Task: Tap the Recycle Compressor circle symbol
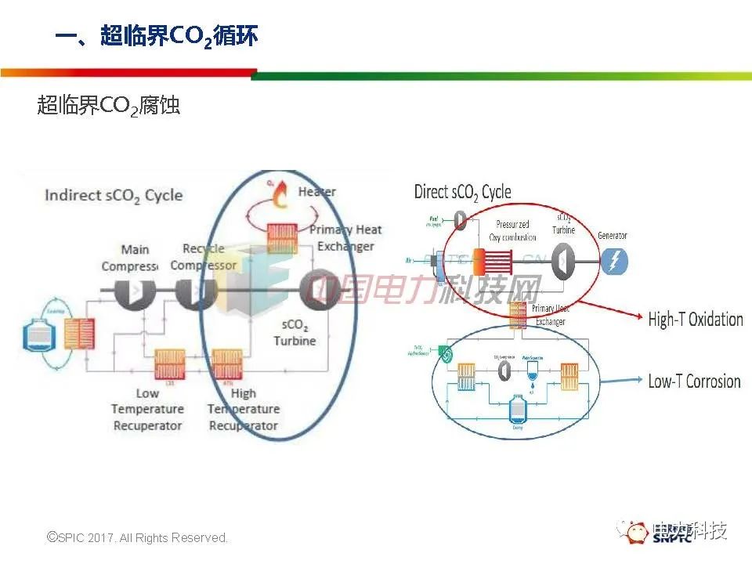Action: (x=190, y=291)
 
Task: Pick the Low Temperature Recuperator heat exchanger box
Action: (x=169, y=365)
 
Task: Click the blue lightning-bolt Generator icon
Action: (x=614, y=260)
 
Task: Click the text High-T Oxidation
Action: (x=695, y=319)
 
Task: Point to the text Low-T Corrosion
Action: (x=694, y=381)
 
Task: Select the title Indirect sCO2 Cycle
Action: (x=114, y=195)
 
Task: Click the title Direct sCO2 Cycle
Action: (x=462, y=191)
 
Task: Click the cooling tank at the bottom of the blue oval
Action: (x=516, y=410)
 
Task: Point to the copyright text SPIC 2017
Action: (x=138, y=537)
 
